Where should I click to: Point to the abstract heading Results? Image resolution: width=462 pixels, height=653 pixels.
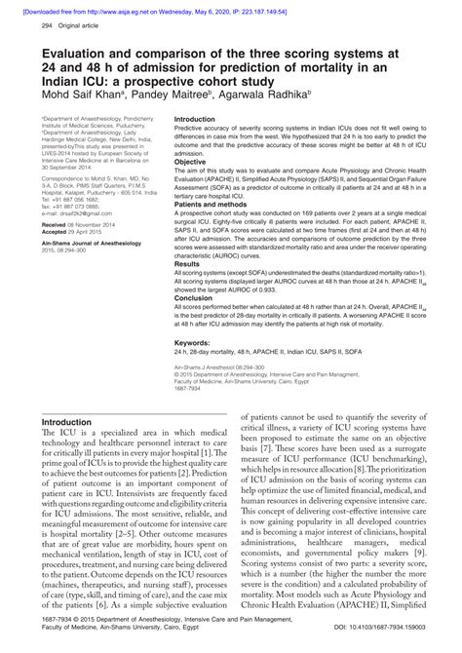[x=187, y=264]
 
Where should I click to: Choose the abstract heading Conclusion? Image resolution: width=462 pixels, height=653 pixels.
[x=193, y=299]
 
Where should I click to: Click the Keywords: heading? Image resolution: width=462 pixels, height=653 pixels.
[x=196, y=344]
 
